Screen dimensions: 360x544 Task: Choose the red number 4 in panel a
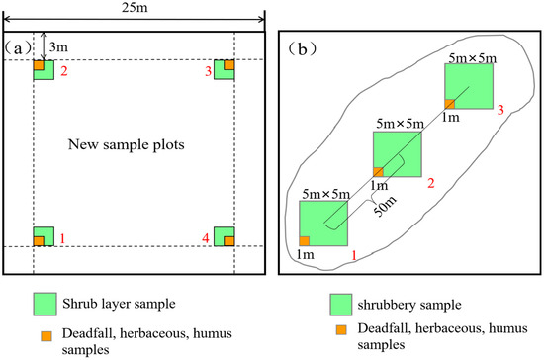[206, 238]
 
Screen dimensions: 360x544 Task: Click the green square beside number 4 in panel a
[226, 237]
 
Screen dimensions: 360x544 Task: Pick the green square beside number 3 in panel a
[226, 70]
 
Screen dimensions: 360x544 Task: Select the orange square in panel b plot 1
[305, 240]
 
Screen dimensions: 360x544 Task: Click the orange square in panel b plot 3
[448, 104]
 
